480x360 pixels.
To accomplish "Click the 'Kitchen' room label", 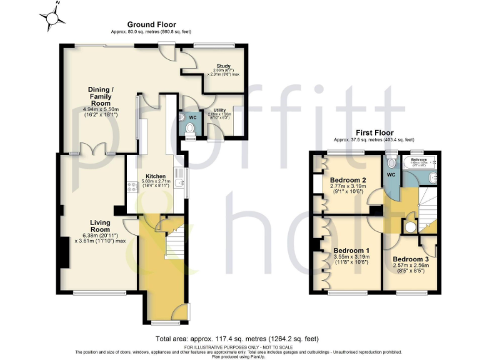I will (x=155, y=176).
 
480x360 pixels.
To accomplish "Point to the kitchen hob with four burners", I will (x=132, y=186).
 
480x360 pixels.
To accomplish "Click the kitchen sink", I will (x=179, y=183).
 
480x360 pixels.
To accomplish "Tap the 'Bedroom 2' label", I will (x=347, y=180).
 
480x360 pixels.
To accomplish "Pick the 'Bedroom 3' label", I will (x=411, y=259).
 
